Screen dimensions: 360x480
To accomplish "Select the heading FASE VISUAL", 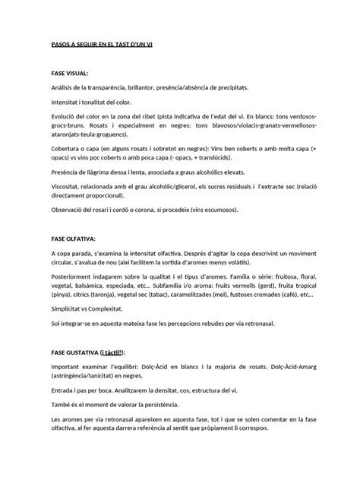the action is [x=70, y=74].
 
